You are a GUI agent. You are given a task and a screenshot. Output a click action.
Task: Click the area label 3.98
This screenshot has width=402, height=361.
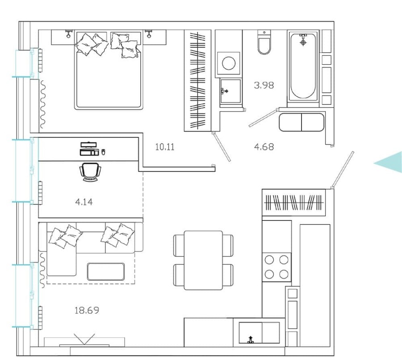[264, 85]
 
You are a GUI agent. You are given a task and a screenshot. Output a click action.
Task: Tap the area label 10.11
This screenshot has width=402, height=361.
[164, 147]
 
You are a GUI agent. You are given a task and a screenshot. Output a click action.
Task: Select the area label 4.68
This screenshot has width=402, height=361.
[264, 146]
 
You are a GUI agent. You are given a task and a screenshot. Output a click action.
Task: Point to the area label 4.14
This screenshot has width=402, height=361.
[84, 202]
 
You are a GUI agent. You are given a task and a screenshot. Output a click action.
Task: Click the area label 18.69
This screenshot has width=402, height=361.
[87, 310]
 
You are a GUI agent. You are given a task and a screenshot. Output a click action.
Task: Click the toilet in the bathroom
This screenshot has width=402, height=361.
[264, 44]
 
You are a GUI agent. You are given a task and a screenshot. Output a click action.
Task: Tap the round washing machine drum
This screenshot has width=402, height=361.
[229, 63]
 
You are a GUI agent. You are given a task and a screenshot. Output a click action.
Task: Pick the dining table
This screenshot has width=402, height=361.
[203, 260]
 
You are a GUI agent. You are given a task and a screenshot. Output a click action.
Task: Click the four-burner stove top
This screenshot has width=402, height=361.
[276, 266]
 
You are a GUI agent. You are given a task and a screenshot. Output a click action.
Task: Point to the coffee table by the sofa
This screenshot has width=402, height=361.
[105, 271]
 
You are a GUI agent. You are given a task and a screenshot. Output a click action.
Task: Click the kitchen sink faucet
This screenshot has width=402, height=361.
[251, 340]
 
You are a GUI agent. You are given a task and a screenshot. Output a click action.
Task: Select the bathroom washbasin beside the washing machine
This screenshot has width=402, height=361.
[230, 91]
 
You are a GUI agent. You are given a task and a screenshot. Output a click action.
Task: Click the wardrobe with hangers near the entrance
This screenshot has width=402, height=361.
[294, 203]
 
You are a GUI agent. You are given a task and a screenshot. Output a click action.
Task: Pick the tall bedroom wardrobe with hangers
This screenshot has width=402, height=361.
[197, 80]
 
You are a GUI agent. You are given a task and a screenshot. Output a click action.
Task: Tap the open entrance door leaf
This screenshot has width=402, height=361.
[343, 169]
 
